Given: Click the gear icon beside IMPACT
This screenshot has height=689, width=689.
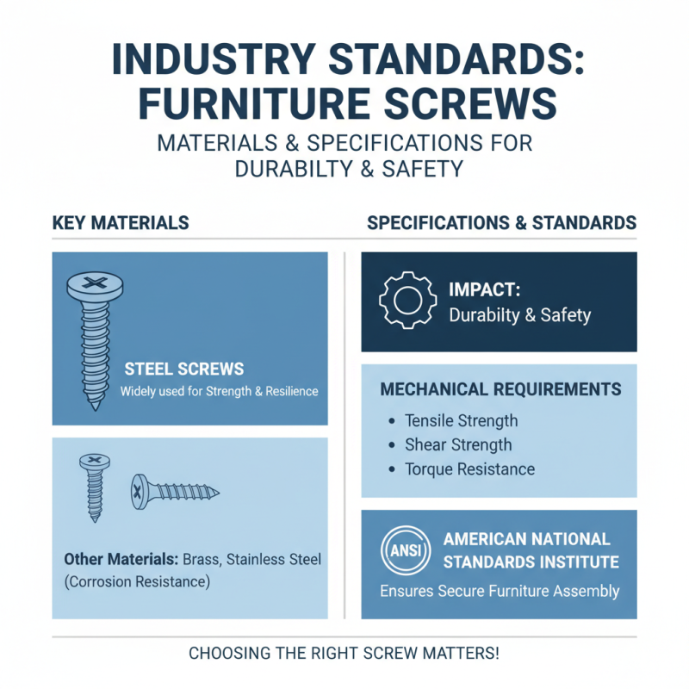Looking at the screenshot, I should (x=403, y=301).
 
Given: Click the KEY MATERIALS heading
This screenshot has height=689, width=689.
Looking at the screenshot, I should (x=121, y=223).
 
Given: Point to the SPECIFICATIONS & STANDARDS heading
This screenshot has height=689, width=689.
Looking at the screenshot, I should (x=501, y=223).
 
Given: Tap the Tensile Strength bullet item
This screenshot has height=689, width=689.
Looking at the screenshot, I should (x=462, y=421).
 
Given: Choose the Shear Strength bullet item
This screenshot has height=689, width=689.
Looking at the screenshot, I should (x=458, y=445).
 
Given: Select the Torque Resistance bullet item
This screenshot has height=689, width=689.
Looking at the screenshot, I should (x=470, y=469).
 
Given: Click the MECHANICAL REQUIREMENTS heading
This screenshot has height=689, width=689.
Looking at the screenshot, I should (x=500, y=390).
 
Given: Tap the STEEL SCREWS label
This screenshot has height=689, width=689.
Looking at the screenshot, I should (x=184, y=369).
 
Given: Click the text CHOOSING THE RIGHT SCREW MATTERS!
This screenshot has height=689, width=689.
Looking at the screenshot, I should (x=344, y=653).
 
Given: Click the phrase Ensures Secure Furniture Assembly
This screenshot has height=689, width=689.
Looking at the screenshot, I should (x=500, y=592).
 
